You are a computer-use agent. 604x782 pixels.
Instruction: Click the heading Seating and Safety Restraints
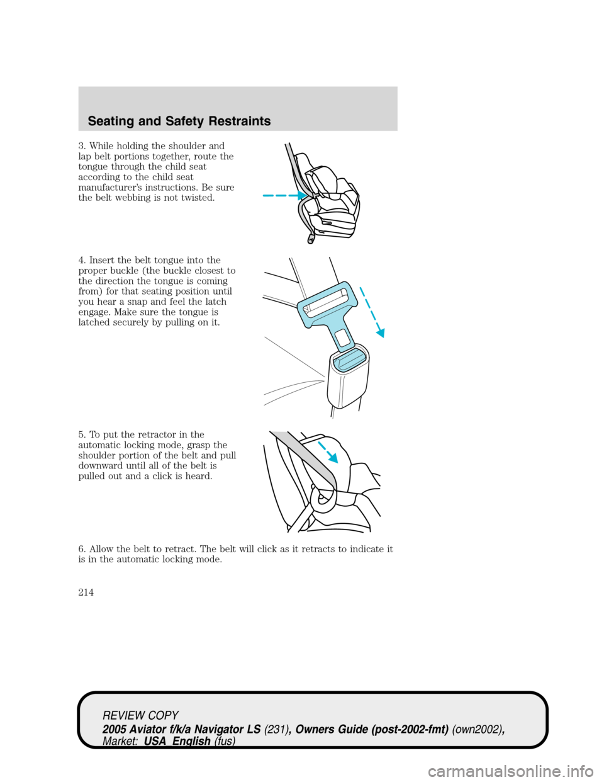pos(179,121)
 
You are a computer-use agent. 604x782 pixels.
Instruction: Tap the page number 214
pos(86,592)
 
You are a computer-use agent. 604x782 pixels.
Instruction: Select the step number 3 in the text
pos(81,146)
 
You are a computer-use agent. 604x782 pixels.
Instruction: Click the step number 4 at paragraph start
pos(81,261)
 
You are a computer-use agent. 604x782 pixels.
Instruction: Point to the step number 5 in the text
pos(81,435)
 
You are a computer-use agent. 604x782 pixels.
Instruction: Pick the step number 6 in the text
pos(81,549)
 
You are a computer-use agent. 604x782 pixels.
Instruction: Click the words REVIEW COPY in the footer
pos(141,716)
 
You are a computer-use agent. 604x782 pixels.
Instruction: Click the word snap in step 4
pos(151,302)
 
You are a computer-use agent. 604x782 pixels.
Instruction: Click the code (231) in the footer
pos(277,729)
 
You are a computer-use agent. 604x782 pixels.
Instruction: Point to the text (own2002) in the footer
pos(478,729)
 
